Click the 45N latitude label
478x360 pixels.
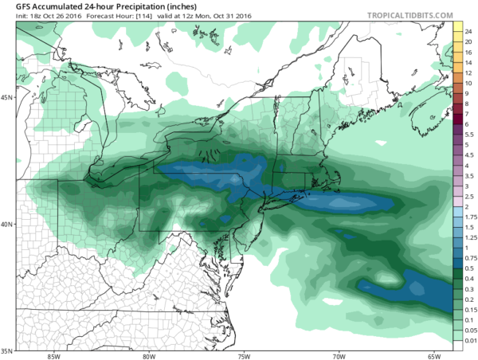[x=6, y=97]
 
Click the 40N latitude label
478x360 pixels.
[x=6, y=224]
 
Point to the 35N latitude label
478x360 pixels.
[x=6, y=350]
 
